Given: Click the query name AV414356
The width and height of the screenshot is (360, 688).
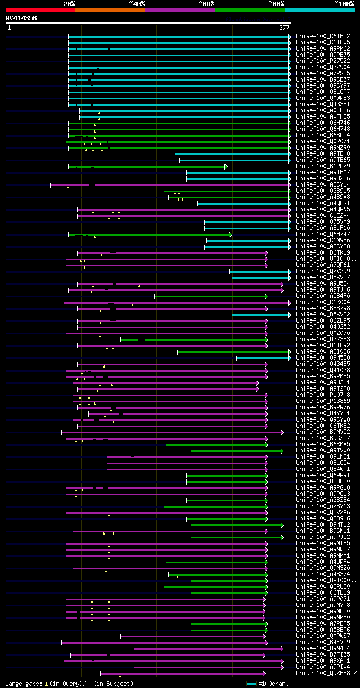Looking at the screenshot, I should tap(21, 18).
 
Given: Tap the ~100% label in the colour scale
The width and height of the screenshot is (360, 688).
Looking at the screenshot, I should tap(344, 3).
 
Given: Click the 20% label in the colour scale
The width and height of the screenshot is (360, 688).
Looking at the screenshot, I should tap(69, 3).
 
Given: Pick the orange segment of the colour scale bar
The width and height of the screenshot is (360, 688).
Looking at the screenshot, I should tap(110, 10).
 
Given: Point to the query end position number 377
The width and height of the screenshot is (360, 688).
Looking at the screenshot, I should tap(284, 27).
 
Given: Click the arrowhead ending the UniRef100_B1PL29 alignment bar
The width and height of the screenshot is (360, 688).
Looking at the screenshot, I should tap(226, 166).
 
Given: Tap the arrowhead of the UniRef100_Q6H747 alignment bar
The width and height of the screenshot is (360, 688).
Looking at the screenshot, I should tap(231, 234).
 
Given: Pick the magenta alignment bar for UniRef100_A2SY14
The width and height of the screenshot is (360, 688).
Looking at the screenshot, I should tap(169, 185).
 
